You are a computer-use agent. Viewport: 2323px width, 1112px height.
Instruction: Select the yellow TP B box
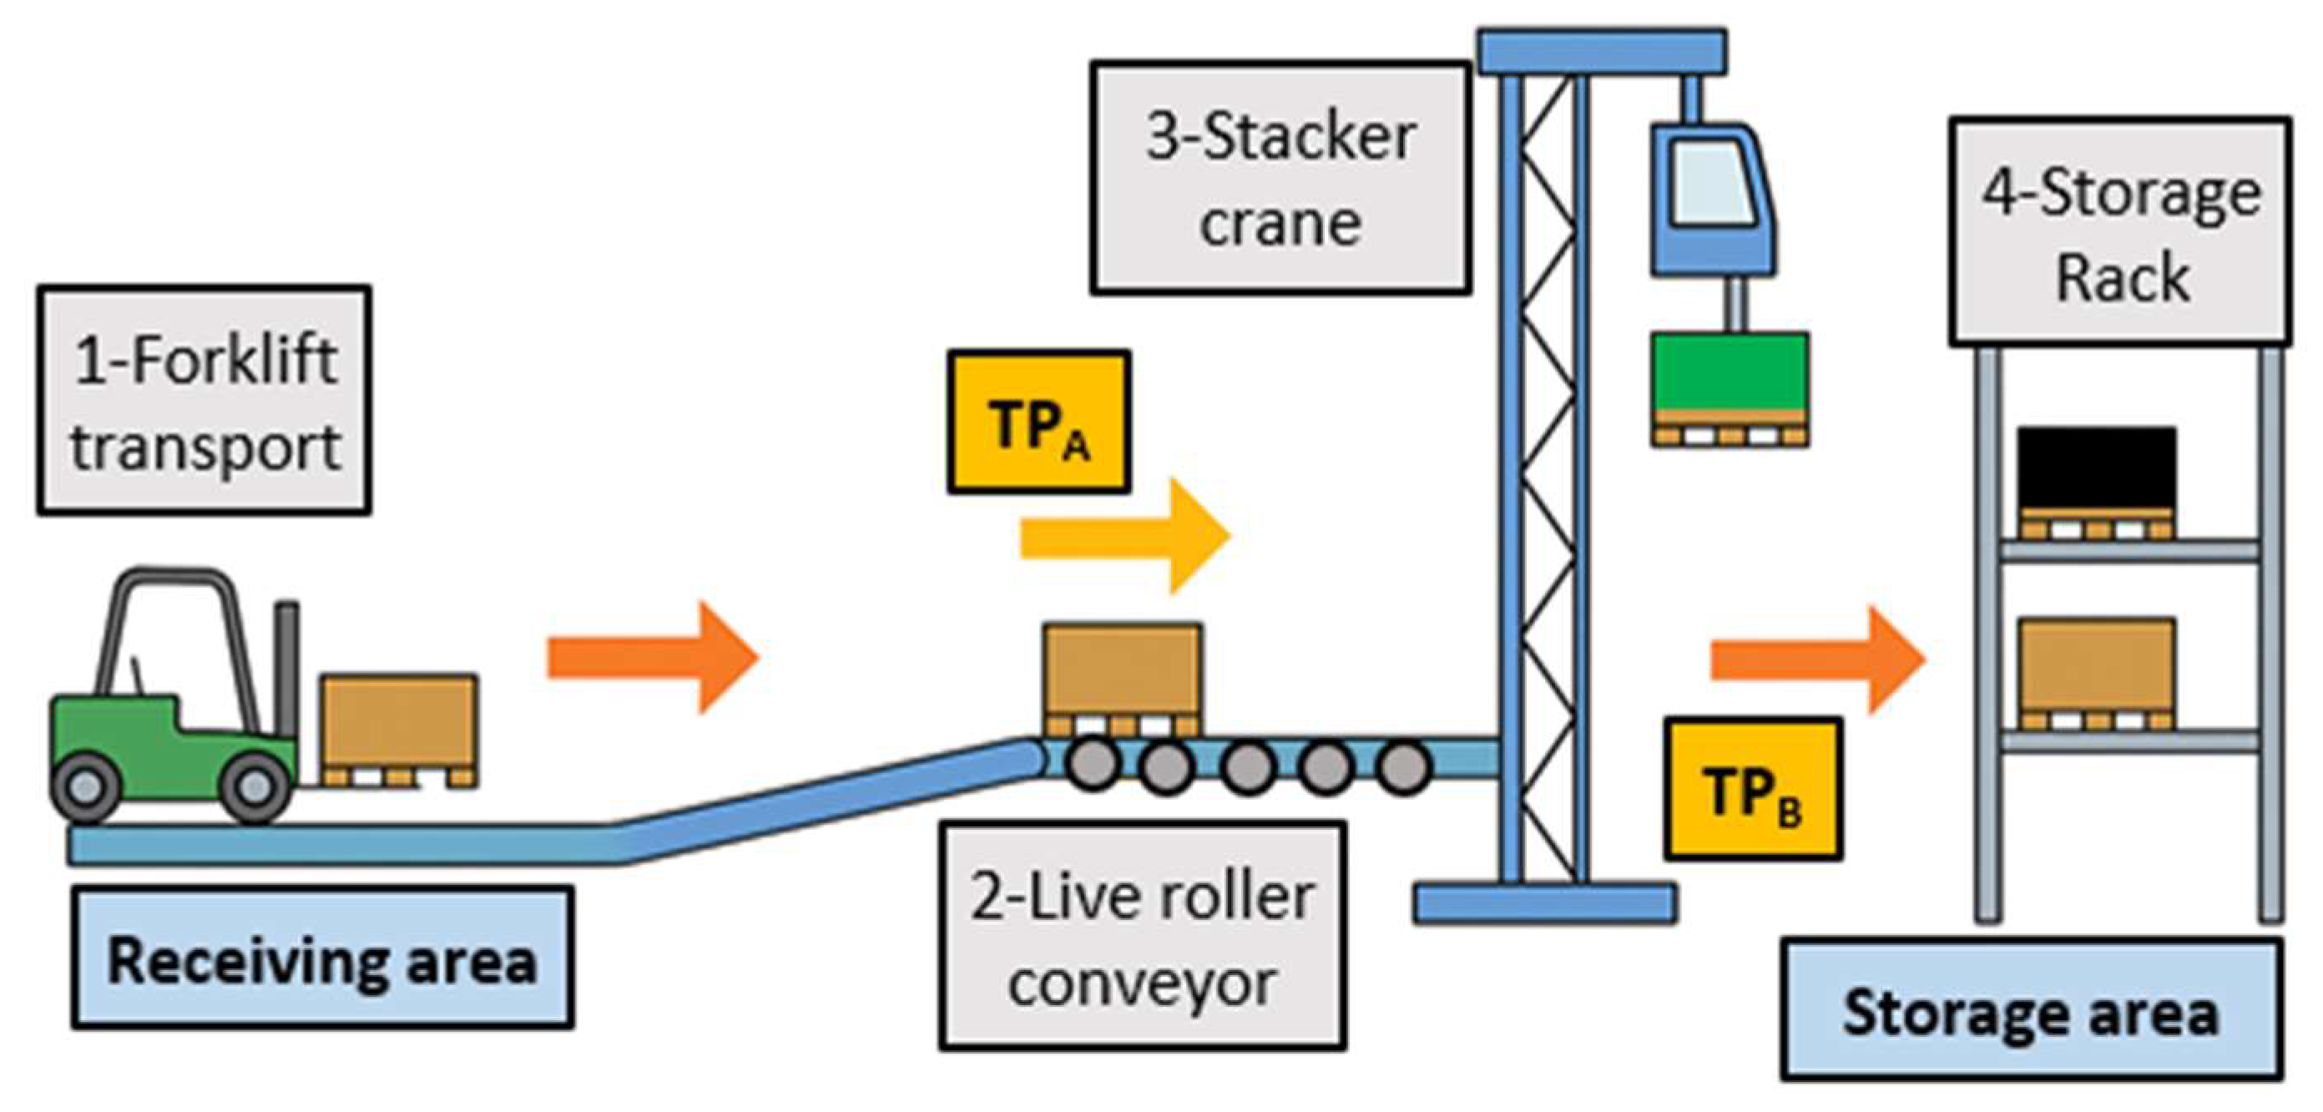(x=1752, y=788)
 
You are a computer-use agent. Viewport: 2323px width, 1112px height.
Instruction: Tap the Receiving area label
(x=323, y=958)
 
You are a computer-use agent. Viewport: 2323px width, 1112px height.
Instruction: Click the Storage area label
(x=2032, y=1009)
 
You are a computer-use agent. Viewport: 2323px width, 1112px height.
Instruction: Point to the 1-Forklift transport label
(x=205, y=401)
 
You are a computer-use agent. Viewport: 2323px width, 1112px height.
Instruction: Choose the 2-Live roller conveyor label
(x=1143, y=936)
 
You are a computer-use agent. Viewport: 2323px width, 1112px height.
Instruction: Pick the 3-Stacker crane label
(x=1280, y=178)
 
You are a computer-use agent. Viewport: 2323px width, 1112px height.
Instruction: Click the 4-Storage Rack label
(x=2120, y=232)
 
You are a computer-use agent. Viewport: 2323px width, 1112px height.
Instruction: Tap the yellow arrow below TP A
(x=1124, y=537)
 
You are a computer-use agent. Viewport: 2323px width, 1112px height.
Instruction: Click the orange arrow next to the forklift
(x=654, y=658)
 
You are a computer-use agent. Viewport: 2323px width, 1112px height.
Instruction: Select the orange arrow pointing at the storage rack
(x=1819, y=660)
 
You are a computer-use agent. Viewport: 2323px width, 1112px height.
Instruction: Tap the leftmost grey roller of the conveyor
(x=1093, y=765)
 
